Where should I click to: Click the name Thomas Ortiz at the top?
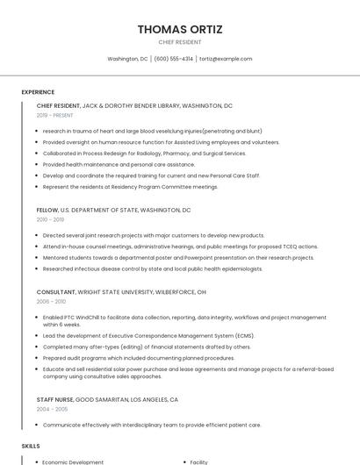coord(180,29)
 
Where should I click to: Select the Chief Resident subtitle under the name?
coord(180,42)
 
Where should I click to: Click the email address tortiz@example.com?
coord(225,59)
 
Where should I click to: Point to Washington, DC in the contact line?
coord(127,59)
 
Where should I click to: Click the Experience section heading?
coord(38,92)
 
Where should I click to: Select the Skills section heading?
coord(31,447)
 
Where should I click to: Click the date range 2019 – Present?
coord(55,115)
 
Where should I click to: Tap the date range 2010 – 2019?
coord(50,219)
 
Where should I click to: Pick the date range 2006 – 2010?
coord(51,301)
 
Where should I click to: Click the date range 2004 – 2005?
coord(51,409)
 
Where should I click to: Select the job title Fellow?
coord(47,211)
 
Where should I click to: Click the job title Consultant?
coord(56,292)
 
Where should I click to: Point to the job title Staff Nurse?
coord(55,400)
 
